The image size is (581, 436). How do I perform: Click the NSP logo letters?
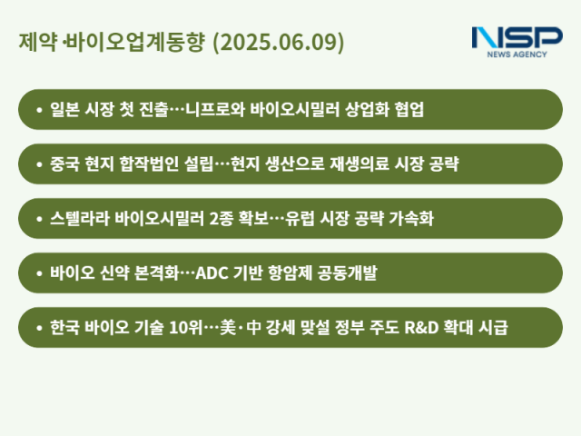(x=517, y=37)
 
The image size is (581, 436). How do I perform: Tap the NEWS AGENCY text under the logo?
(x=517, y=54)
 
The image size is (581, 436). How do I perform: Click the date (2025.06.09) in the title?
(x=279, y=42)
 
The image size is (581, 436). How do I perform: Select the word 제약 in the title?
(x=38, y=42)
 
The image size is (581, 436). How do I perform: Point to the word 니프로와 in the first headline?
(x=215, y=109)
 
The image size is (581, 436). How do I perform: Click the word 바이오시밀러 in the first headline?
(x=294, y=109)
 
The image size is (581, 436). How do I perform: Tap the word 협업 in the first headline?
(x=409, y=109)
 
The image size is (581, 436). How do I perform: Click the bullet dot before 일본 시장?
(x=39, y=110)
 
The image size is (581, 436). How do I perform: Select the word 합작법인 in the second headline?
(x=149, y=163)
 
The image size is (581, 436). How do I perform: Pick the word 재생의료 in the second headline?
(x=359, y=163)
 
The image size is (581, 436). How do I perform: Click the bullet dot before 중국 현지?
(x=39, y=164)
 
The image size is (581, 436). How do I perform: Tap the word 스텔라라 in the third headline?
(x=80, y=218)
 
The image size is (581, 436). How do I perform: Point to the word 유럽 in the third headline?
(x=300, y=218)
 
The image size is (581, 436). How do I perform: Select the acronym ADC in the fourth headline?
(x=212, y=273)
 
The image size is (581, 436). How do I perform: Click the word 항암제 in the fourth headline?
(x=290, y=272)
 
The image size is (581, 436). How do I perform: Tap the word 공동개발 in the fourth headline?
(x=347, y=272)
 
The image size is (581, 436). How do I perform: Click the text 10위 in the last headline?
(x=185, y=327)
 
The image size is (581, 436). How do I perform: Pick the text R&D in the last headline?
(x=421, y=328)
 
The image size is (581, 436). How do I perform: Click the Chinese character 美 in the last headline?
(x=228, y=327)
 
